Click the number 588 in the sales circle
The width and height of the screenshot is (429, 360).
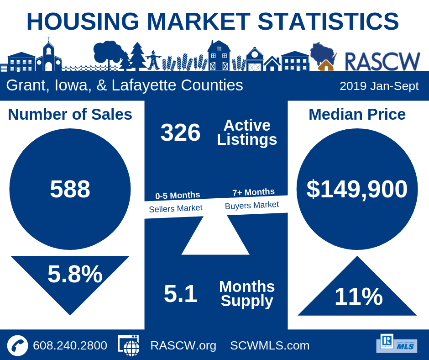click(70, 189)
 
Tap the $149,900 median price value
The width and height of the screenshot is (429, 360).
click(357, 189)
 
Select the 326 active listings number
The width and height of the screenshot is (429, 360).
click(180, 133)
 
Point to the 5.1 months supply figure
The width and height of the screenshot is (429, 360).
click(180, 294)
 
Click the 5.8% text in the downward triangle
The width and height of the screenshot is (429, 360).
click(75, 274)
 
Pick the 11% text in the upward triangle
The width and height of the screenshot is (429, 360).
click(358, 297)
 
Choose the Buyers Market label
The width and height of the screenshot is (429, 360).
click(252, 205)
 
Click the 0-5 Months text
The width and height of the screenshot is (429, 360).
click(178, 196)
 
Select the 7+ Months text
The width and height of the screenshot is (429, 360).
click(253, 192)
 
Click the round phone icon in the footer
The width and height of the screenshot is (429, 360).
click(17, 345)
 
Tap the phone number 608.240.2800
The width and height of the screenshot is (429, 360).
click(70, 345)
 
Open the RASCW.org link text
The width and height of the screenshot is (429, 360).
click(183, 345)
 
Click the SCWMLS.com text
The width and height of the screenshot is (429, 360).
click(270, 345)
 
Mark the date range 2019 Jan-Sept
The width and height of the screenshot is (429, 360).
click(379, 86)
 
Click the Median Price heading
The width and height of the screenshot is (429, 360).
click(357, 114)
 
